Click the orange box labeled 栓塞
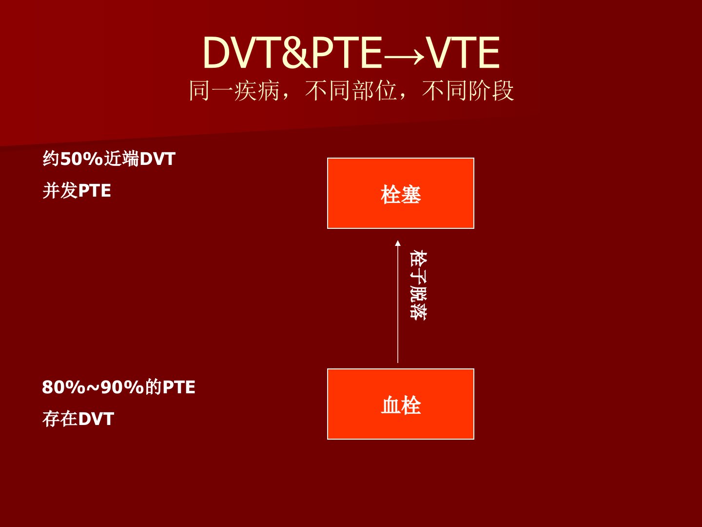click(400, 193)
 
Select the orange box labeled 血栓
click(400, 404)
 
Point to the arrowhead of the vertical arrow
click(398, 243)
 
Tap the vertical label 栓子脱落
click(418, 285)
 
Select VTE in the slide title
click(463, 53)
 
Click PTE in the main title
click(347, 53)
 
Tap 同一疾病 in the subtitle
click(234, 91)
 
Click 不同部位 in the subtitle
click(351, 91)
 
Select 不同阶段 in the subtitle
click(468, 91)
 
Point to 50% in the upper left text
click(81, 159)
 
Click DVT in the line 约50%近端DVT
click(157, 159)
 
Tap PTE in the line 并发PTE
click(95, 191)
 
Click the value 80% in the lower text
click(63, 387)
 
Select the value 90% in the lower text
click(122, 387)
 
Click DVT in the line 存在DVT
click(96, 419)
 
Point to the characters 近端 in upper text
click(121, 159)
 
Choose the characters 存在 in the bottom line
click(60, 419)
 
